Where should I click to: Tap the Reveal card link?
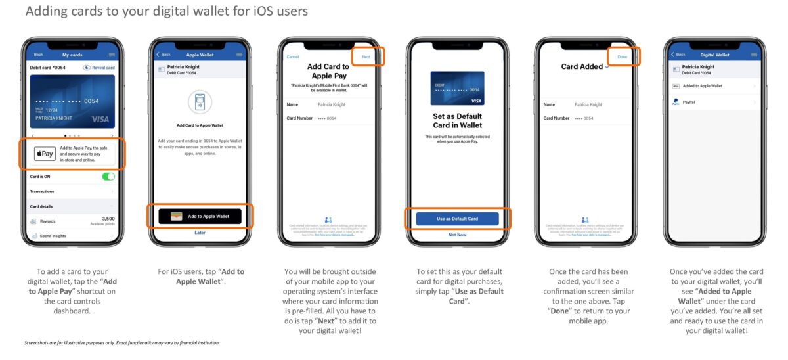coord(99,68)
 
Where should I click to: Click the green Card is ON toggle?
coord(108,177)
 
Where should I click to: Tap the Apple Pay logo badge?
coord(45,154)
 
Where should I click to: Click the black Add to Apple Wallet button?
coord(200,216)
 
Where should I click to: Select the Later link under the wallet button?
coord(200,233)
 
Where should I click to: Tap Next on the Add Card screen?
coord(366,57)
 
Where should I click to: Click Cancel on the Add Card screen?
coord(293,57)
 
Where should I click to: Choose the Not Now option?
coord(457,235)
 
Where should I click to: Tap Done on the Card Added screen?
coord(622,57)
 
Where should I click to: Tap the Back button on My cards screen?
coord(38,55)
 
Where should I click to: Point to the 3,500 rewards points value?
coord(108,218)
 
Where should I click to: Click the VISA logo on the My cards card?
coord(100,119)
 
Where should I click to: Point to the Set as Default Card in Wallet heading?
coord(457,120)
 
